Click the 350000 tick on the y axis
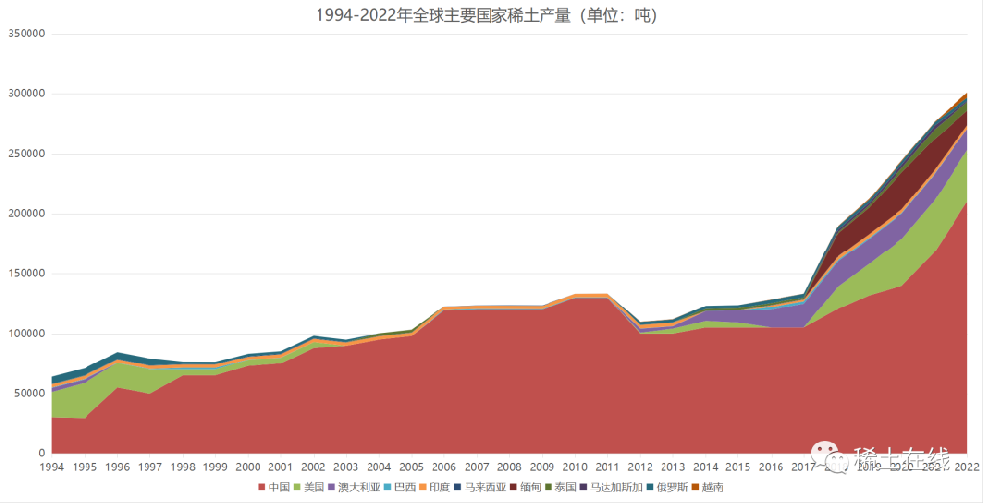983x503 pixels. coord(27,34)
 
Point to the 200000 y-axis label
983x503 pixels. coord(27,214)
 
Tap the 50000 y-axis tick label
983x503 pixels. coord(29,393)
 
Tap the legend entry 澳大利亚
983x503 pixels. coord(358,487)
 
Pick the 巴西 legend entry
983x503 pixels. coord(403,487)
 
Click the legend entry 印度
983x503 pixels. coord(438,487)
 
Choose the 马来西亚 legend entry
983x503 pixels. coord(483,487)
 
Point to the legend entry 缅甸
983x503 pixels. coord(529,487)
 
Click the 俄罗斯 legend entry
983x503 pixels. coord(671,487)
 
